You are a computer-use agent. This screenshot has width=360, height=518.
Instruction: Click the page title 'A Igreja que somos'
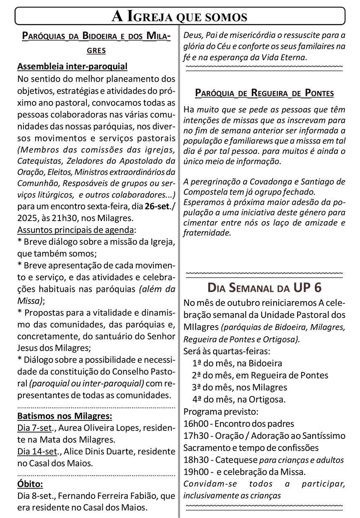click(180, 16)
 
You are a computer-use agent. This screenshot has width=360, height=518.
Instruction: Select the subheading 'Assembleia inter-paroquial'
click(73, 66)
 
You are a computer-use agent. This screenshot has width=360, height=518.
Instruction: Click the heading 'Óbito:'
click(30, 484)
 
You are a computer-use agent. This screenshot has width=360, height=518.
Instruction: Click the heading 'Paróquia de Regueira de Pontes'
click(264, 93)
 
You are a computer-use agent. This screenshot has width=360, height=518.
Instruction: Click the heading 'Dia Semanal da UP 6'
click(264, 288)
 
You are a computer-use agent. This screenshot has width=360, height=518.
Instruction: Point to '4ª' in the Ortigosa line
click(197, 399)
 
